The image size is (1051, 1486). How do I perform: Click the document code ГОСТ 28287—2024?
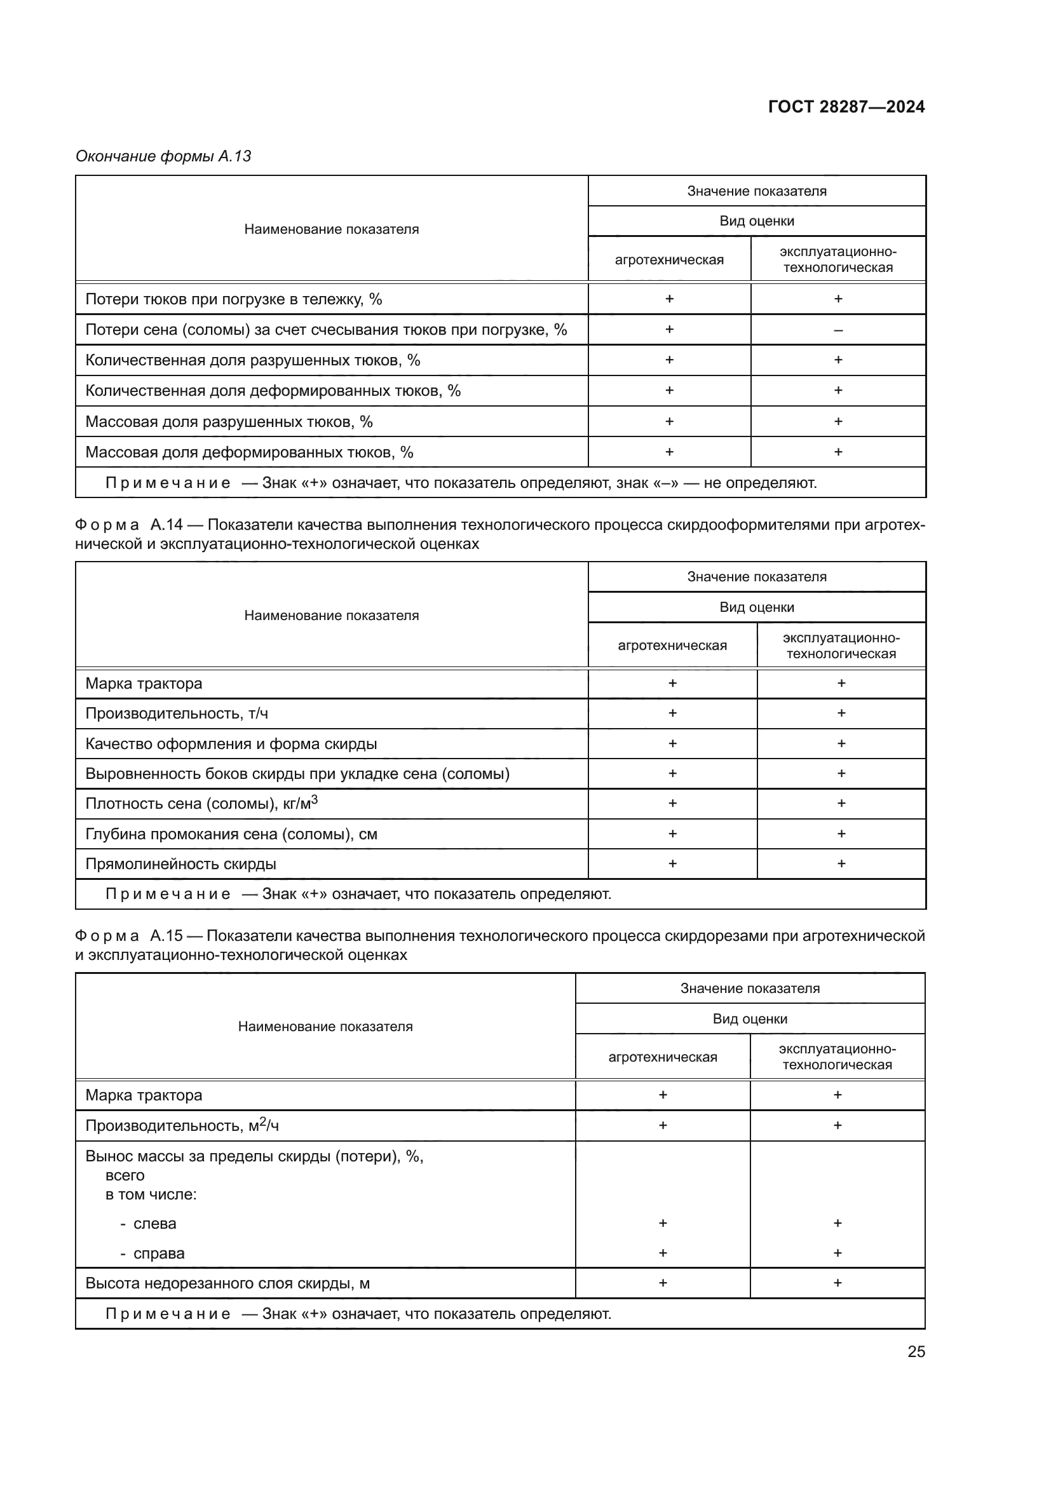[846, 107]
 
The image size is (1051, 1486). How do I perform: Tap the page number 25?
[916, 1351]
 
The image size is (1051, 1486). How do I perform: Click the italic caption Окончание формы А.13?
[163, 156]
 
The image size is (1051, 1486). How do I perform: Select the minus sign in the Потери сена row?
[838, 330]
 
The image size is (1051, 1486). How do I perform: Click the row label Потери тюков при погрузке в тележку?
[234, 299]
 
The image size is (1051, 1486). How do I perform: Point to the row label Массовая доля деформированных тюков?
[249, 452]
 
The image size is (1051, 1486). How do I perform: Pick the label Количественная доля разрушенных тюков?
[252, 360]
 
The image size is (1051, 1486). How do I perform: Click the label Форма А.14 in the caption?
[129, 524]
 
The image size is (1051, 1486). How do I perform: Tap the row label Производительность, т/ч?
[177, 713]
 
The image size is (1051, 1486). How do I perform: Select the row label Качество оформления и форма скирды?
[231, 744]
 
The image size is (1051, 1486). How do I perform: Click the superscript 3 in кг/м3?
[315, 800]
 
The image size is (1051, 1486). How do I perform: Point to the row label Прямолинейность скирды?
[180, 864]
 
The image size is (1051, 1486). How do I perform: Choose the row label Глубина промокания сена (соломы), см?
[231, 834]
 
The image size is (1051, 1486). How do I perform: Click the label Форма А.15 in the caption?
[129, 936]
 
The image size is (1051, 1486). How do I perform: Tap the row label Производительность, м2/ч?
[182, 1126]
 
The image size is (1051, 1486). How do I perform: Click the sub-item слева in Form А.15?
[154, 1224]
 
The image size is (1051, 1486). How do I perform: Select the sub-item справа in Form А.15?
[159, 1253]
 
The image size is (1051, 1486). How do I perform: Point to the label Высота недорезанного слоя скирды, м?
[227, 1283]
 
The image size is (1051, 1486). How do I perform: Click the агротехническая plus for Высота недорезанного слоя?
[663, 1283]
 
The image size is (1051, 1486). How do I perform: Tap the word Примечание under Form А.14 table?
[168, 895]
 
